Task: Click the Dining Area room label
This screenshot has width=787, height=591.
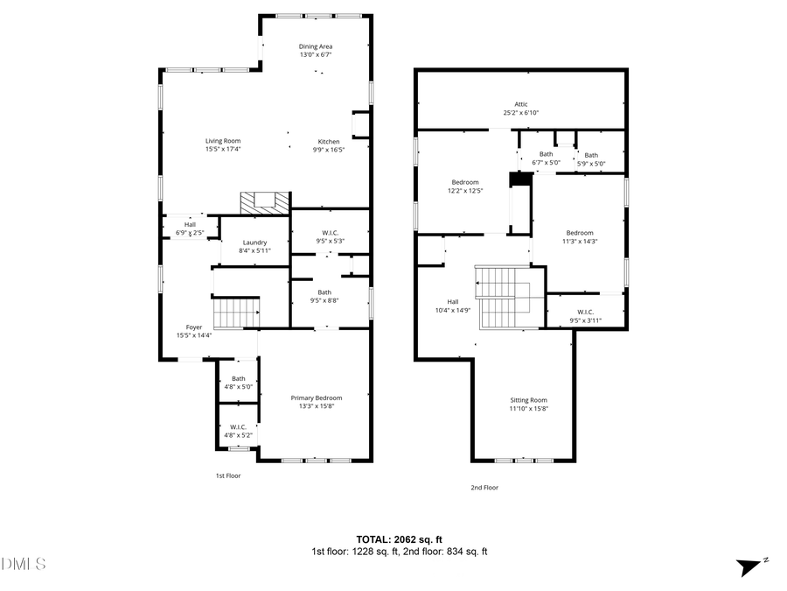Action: [316, 47]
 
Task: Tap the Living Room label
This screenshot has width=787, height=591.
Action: [223, 141]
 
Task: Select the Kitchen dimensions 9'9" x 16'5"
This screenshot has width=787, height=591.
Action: [329, 150]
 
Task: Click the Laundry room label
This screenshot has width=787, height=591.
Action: [254, 243]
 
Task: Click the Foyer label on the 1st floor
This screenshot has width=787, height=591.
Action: [194, 327]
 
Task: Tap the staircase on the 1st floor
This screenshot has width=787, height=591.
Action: [237, 313]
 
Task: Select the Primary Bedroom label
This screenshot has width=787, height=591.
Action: [316, 398]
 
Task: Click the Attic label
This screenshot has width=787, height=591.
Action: [520, 104]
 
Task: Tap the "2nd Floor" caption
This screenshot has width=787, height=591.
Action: [484, 488]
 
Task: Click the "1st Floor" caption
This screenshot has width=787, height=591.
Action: [228, 475]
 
